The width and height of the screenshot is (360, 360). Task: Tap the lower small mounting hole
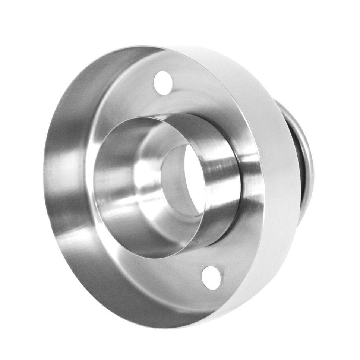click(x=211, y=278)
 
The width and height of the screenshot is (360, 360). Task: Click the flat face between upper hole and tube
click(x=164, y=102)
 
